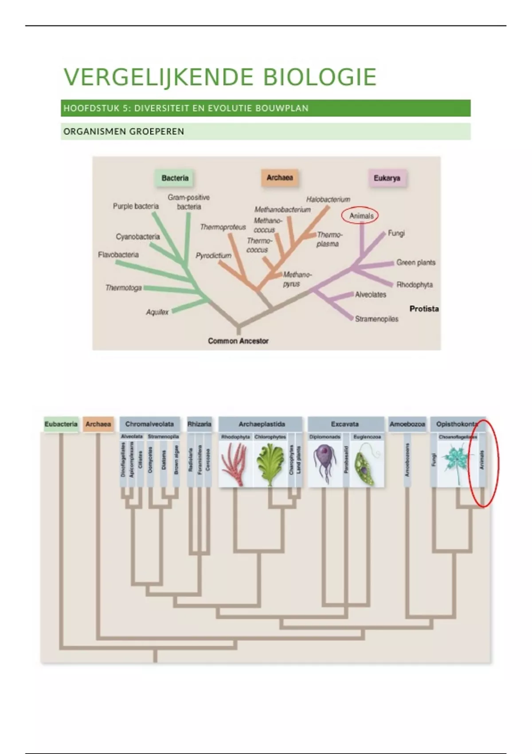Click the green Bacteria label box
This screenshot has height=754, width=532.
[x=175, y=178]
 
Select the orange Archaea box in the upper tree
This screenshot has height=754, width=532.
[x=279, y=177]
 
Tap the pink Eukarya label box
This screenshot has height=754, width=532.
[x=387, y=178]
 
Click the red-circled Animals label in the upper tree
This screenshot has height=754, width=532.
[x=361, y=216]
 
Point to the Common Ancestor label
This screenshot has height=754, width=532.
[x=238, y=341]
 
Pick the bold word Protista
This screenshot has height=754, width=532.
[x=424, y=309]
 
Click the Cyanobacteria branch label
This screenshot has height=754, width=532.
[x=137, y=237]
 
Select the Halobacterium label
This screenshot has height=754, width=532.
[x=328, y=200]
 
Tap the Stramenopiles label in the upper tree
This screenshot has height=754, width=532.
[x=376, y=319]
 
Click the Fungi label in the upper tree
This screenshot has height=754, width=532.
[x=396, y=233]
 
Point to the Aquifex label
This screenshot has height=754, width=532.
[x=157, y=312]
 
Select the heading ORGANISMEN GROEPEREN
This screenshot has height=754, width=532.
[x=124, y=132]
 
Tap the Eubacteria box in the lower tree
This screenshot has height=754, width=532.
[x=61, y=424]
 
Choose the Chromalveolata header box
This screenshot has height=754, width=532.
[x=149, y=424]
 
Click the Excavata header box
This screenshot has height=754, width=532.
[x=344, y=424]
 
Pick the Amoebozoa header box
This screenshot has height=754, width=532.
[x=407, y=424]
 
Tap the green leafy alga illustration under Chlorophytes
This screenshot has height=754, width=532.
[x=270, y=464]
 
